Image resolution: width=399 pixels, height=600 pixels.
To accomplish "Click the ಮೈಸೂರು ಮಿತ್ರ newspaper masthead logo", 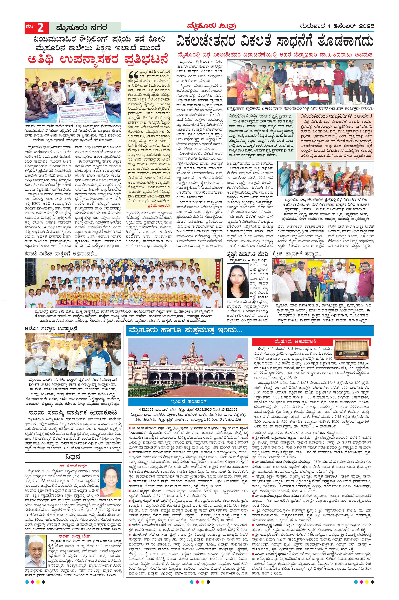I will (210, 26).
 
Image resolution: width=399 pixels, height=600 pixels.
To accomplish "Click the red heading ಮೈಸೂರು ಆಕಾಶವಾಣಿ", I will (295, 341).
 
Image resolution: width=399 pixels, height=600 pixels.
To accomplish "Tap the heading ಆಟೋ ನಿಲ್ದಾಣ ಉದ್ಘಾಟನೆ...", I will (52, 328).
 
